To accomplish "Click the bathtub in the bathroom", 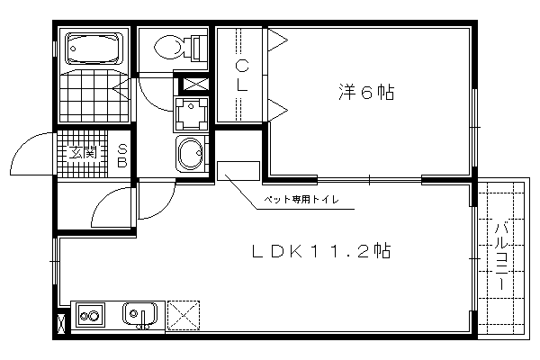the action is (94, 48).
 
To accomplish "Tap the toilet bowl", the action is (169, 48).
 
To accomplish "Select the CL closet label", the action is (242, 76).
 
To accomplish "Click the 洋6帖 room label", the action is (366, 92).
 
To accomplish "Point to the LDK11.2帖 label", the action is (321, 251).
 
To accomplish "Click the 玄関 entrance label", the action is (83, 152).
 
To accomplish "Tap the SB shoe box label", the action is (122, 156).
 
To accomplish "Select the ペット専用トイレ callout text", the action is (301, 199).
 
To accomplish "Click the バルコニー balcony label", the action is (502, 256).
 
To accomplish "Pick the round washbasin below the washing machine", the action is (191, 153).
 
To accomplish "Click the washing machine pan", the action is (191, 114).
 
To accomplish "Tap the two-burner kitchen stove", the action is (90, 315).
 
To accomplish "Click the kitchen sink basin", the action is (139, 314).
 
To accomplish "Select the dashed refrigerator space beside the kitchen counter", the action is (184, 315).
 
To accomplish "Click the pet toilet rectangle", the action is (238, 170).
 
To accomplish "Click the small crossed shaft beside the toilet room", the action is (195, 85).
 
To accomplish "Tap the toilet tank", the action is (198, 48).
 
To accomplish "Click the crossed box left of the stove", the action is (61, 324).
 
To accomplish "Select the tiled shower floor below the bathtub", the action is (94, 95).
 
